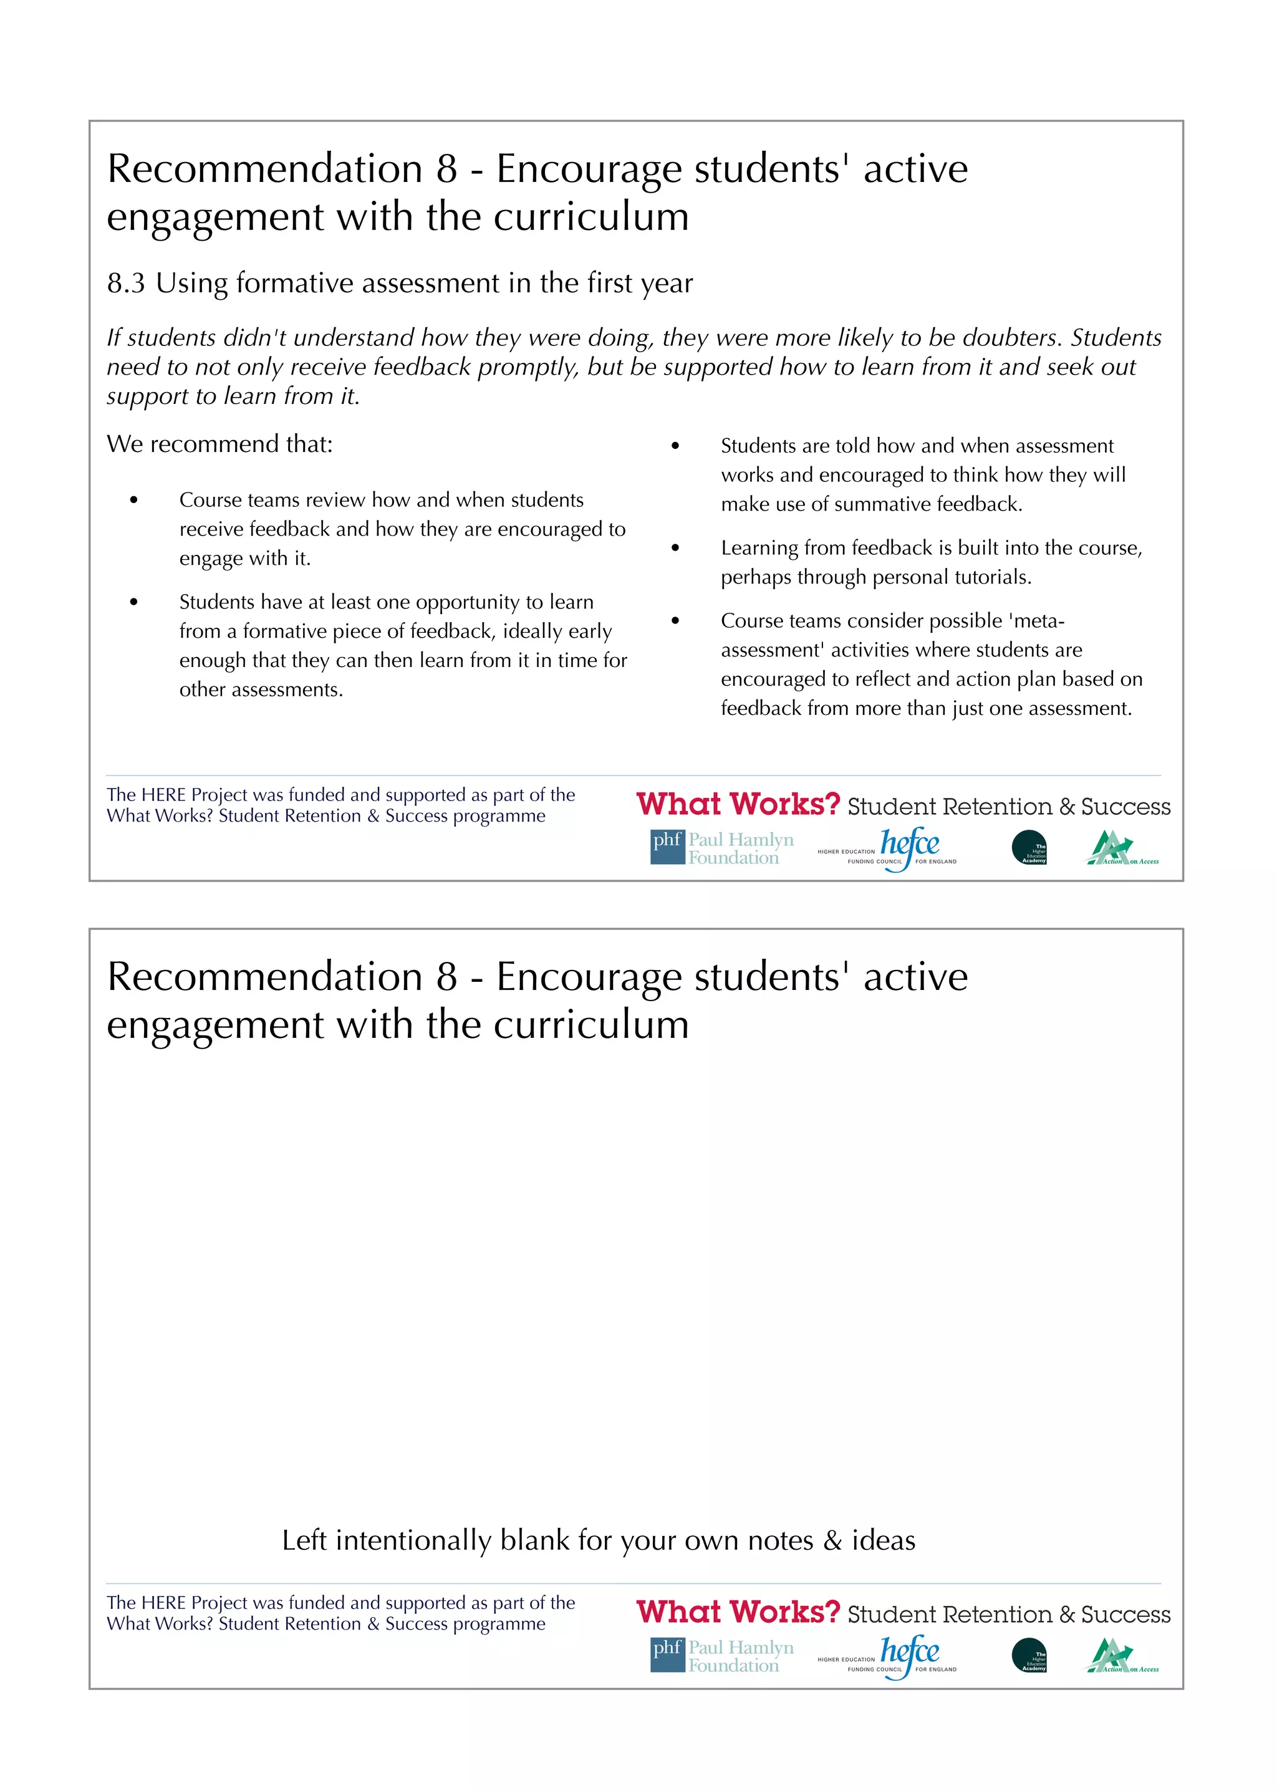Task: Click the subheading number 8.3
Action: coord(126,283)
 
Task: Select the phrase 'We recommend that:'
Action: coord(219,444)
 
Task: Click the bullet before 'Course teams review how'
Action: coord(135,500)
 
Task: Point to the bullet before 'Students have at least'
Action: coord(135,602)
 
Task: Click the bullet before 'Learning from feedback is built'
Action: coord(675,548)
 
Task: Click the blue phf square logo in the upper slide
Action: coord(667,847)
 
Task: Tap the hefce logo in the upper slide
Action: coord(909,847)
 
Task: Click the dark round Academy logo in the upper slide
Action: coord(1029,848)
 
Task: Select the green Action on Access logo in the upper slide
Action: coord(1120,848)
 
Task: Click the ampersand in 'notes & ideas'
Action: coord(832,1540)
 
